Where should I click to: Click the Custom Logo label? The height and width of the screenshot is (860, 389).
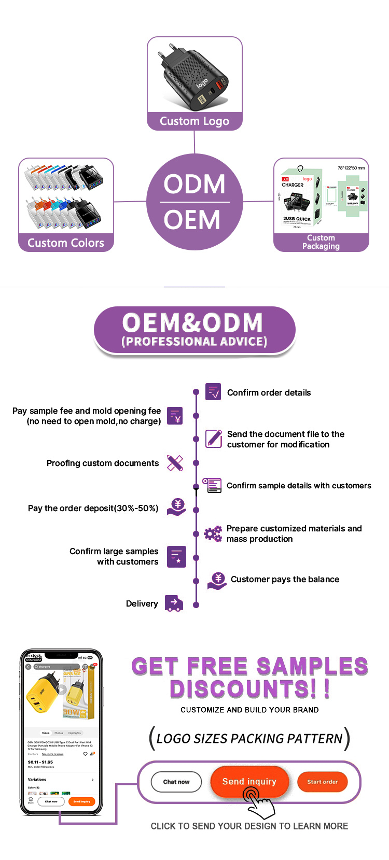pos(195,121)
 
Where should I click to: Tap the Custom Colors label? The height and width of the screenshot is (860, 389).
pos(66,243)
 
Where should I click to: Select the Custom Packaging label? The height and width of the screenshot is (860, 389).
pos(321,242)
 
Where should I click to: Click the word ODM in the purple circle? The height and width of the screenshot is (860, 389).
pos(195,184)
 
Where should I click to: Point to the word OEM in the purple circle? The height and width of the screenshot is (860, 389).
pos(192,220)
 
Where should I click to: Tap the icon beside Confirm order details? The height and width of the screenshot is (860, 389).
pos(213,392)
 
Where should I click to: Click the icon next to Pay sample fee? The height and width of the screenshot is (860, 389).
pos(175,416)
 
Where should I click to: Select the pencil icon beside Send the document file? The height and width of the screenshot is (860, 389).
pos(214,439)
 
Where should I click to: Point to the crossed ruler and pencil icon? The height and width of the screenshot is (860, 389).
pos(175,463)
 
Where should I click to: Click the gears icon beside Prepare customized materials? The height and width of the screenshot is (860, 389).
pos(213,533)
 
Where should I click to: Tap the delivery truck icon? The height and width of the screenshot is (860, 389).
pos(174,603)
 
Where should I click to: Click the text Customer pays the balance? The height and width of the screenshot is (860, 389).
pos(285,580)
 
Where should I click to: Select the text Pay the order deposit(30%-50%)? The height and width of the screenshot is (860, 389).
pos(93,509)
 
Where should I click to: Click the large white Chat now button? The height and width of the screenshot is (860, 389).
pos(176,782)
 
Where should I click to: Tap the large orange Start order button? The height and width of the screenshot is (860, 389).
pos(322,782)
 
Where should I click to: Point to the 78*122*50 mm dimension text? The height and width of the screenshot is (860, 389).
pos(351,168)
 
